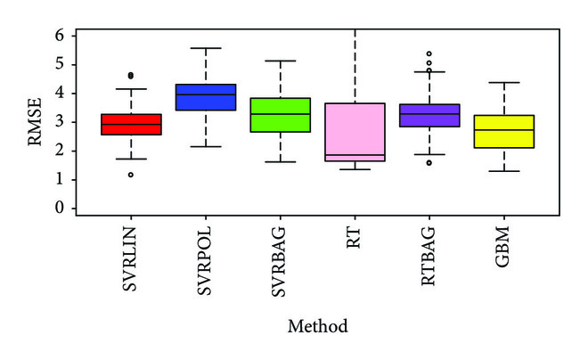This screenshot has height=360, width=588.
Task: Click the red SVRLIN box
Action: (x=131, y=124)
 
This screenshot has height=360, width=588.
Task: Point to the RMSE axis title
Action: (x=35, y=121)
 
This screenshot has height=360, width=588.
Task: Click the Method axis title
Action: (x=317, y=327)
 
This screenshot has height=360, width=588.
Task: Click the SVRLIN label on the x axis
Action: (x=131, y=256)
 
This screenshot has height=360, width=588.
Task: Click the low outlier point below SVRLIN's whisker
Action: (x=131, y=175)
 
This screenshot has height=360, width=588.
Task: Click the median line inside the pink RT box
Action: (x=355, y=155)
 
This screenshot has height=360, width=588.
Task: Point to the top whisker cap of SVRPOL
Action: (x=206, y=48)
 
